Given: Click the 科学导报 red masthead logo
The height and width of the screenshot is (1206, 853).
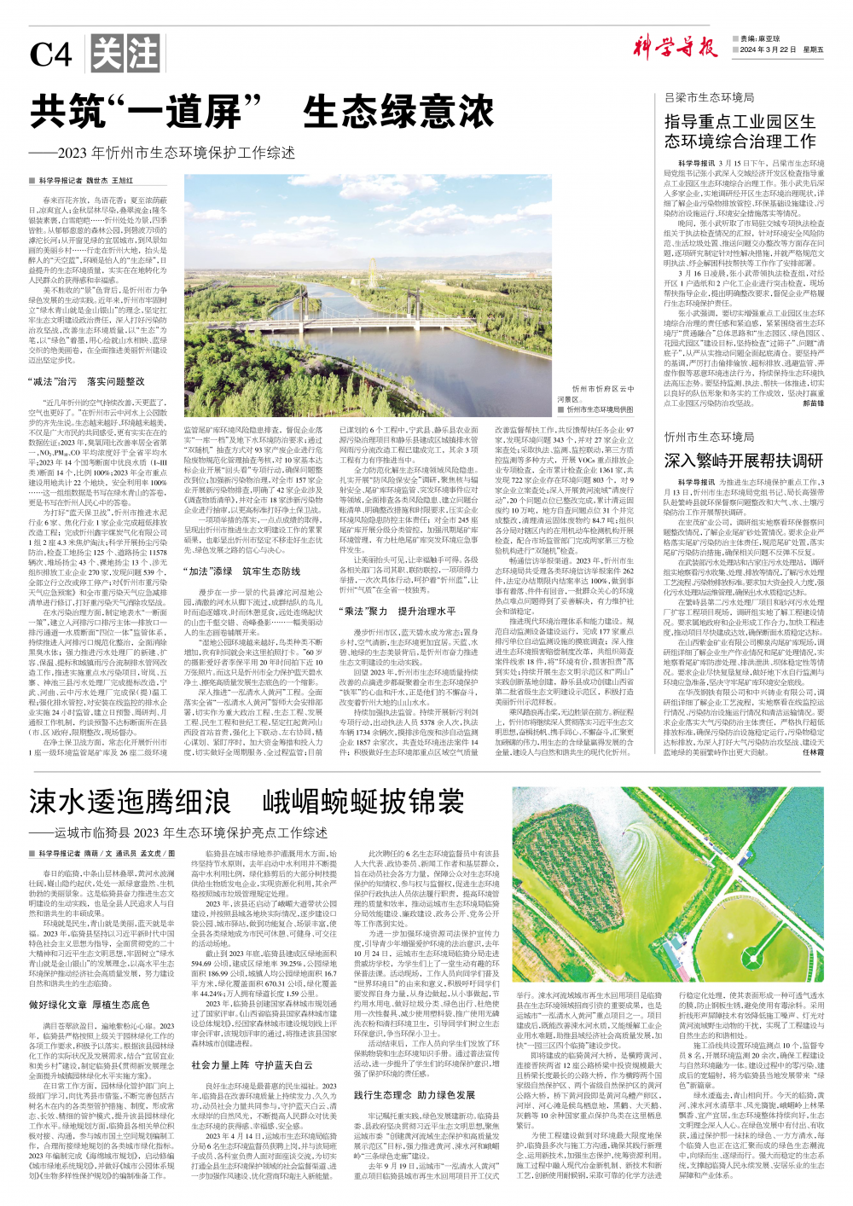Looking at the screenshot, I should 675,48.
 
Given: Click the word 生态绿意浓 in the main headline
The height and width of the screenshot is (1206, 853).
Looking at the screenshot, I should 398,113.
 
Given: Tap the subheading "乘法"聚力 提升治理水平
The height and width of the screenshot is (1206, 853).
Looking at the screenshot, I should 397,611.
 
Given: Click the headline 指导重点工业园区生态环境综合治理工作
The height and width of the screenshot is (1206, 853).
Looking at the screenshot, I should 740,130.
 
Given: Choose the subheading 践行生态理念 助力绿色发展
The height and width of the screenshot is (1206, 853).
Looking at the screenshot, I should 415,1094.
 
